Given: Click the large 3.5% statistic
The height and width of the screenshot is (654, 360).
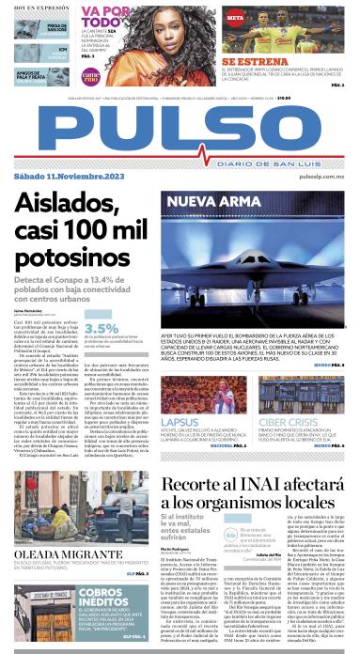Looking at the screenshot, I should (102, 328).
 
